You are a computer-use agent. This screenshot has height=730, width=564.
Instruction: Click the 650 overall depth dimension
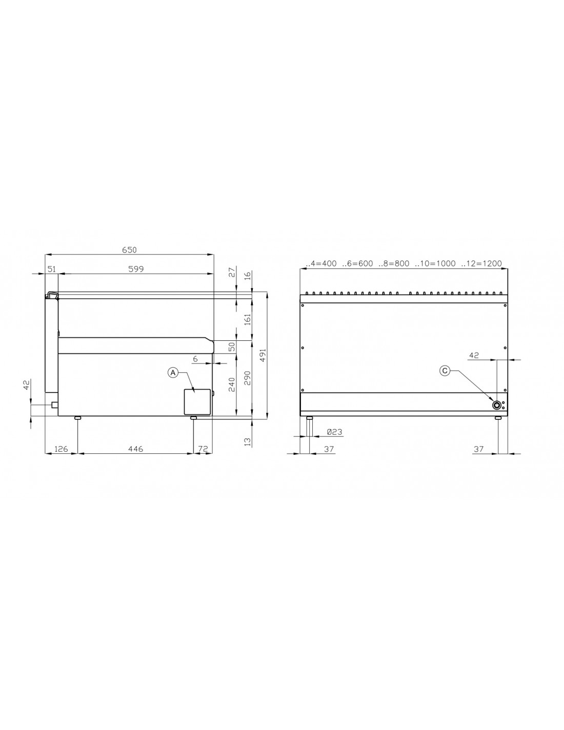130,250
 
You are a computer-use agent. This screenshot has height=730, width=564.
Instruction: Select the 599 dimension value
136,269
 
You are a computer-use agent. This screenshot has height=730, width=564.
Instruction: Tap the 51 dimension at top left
52,269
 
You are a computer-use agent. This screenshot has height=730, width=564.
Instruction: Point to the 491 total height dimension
263,355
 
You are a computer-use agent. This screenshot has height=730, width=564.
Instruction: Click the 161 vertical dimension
248,320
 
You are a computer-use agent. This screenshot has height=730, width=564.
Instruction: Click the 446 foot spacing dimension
135,449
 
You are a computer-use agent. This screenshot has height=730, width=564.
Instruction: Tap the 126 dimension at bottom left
61,449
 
